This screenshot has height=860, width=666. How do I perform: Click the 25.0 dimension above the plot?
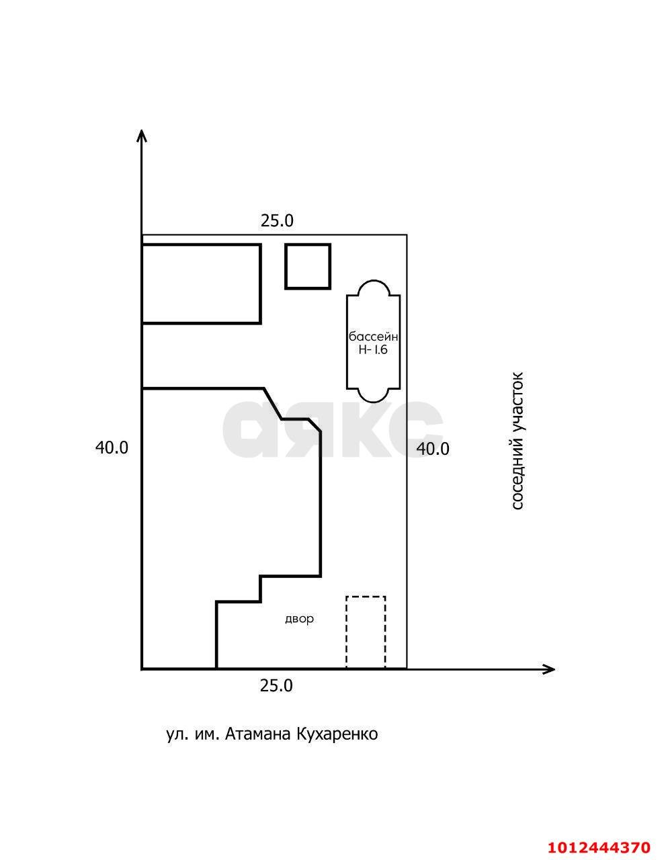[x=277, y=221]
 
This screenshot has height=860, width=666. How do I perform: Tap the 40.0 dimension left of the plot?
[x=112, y=447]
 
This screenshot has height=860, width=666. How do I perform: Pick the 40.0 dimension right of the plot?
[x=433, y=449]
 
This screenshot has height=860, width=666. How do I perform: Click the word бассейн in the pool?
[x=373, y=337]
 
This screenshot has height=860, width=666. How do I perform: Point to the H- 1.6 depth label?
[x=373, y=350]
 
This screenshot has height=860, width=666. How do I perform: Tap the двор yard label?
[x=299, y=619]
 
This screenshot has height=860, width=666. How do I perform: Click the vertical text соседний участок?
[x=517, y=441]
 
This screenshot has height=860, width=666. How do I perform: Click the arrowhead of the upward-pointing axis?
[x=142, y=135]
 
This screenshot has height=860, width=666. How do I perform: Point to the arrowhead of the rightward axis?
[x=548, y=669]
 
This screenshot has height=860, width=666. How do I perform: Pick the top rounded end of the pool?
[x=374, y=281]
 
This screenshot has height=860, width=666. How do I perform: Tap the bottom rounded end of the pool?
[x=374, y=401]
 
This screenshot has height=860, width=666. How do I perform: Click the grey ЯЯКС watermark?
[x=333, y=429]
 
